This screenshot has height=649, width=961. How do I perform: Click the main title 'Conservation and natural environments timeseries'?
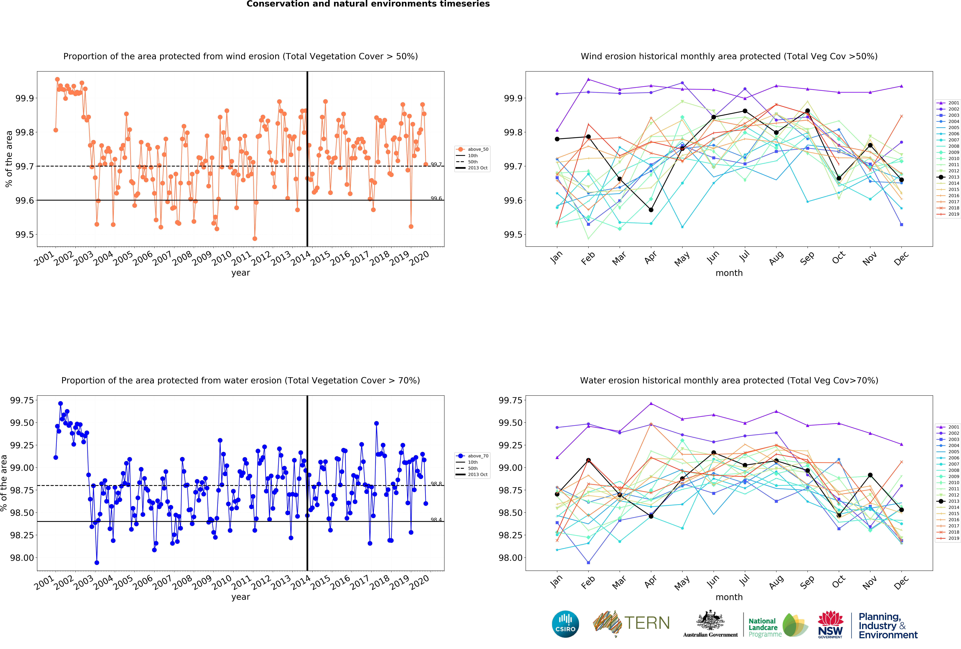(x=368, y=4)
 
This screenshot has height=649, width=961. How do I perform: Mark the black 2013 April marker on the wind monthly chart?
(x=651, y=210)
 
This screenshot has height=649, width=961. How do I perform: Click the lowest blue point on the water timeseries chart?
(x=97, y=563)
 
